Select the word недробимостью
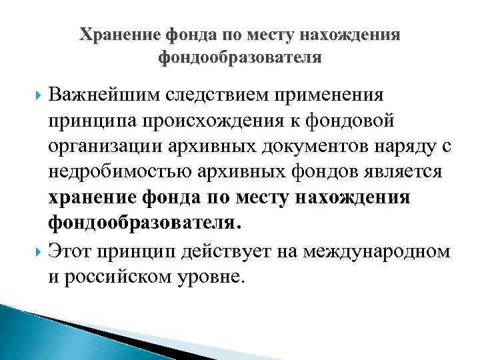(120, 172)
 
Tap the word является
(401, 172)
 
